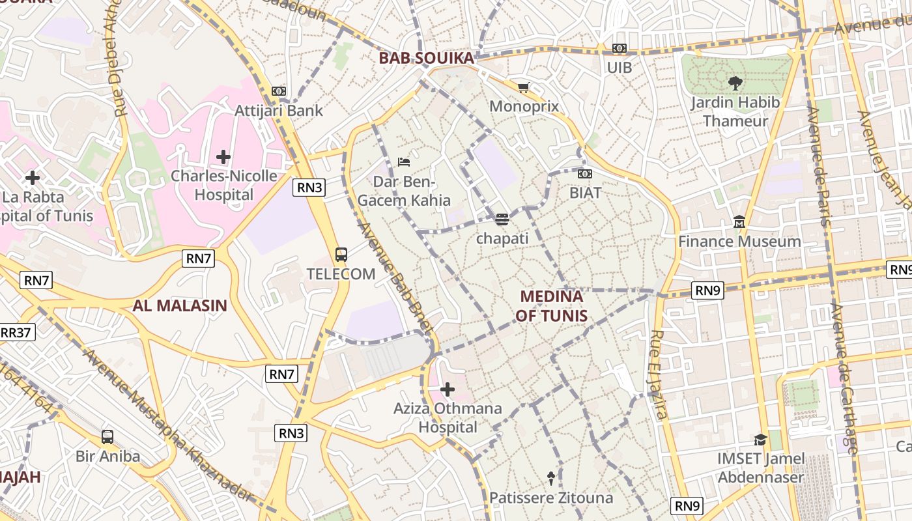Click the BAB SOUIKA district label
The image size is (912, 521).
point(426,58)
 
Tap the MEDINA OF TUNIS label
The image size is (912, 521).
point(552,306)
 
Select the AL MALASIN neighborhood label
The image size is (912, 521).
point(180,305)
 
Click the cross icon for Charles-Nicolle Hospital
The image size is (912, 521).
point(223,157)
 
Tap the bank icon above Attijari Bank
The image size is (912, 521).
point(279,91)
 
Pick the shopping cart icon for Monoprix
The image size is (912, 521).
point(523,87)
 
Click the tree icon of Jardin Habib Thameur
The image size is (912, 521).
point(735,83)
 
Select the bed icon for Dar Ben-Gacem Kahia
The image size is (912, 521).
point(404,162)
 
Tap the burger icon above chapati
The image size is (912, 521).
point(502,219)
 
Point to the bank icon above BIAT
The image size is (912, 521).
point(585,174)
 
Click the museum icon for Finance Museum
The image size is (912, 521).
point(739,222)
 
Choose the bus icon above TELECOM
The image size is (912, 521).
point(341,255)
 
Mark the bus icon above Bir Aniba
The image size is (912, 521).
point(107,437)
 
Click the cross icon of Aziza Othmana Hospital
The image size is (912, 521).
point(448,389)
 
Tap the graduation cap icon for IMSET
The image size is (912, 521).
point(760,440)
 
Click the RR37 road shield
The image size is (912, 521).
point(16,333)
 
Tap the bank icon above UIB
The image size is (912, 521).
point(619,48)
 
